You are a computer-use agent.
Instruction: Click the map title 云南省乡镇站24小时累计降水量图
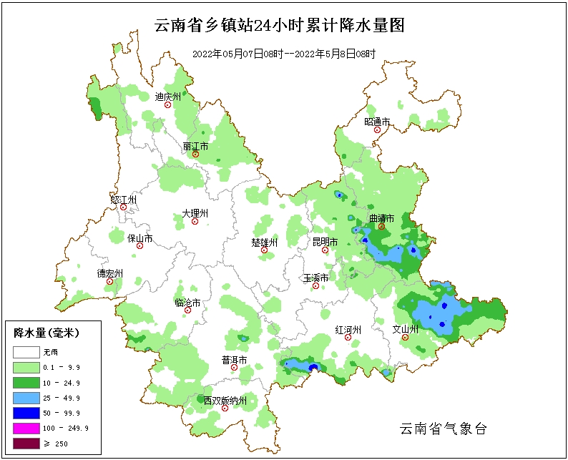point(280,26)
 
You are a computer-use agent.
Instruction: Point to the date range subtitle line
point(284,54)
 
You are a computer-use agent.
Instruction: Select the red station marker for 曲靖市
point(381,227)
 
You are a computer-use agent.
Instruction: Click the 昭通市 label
point(377,122)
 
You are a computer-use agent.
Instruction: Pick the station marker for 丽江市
point(195,154)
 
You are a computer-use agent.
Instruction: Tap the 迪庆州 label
point(168,96)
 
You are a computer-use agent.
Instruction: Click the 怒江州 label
point(123,199)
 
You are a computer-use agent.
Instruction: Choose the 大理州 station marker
point(195,222)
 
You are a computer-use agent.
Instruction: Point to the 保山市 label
point(139,238)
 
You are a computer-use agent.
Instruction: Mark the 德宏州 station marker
point(110,282)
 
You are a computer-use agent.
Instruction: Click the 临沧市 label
point(187,302)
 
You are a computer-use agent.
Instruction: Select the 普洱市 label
point(234,359)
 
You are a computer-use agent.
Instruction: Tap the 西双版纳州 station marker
point(225,408)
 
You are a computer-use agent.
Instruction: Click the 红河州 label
point(348,329)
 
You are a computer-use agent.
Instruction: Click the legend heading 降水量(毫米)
point(46,333)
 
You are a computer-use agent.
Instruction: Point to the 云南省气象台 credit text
point(444,429)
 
